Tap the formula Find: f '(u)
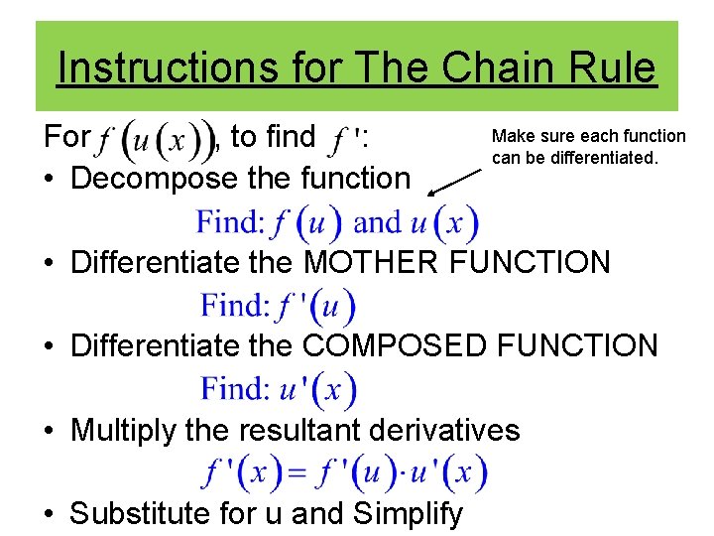(277, 306)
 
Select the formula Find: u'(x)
(279, 388)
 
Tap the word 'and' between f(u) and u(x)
(377, 222)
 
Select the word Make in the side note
(512, 136)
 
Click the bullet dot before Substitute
(48, 514)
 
